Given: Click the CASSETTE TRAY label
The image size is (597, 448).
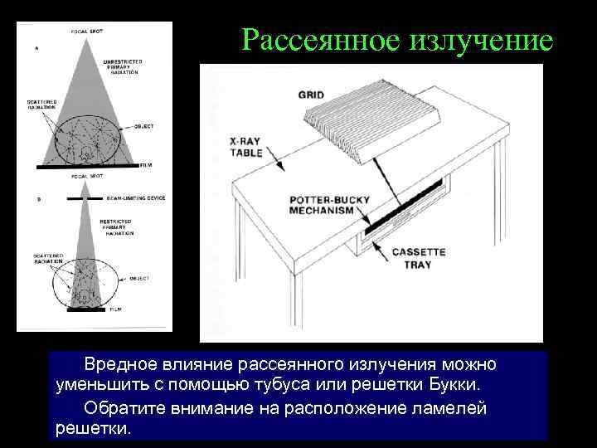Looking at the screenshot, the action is click(x=419, y=258).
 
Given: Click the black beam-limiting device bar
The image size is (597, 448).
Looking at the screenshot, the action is click(x=84, y=199).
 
